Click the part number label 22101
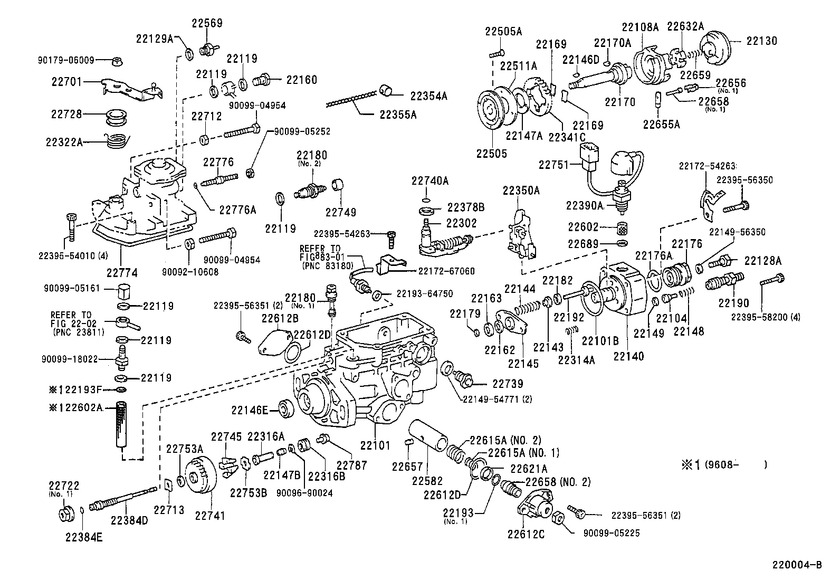[x=375, y=445]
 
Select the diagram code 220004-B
[x=797, y=565]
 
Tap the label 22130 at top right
[x=761, y=41]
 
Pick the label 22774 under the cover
[x=122, y=273]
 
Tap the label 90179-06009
[x=66, y=60]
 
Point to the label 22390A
[x=584, y=205]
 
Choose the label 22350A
[x=521, y=191]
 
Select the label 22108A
[x=641, y=27]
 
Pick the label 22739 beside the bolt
[x=508, y=384]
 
